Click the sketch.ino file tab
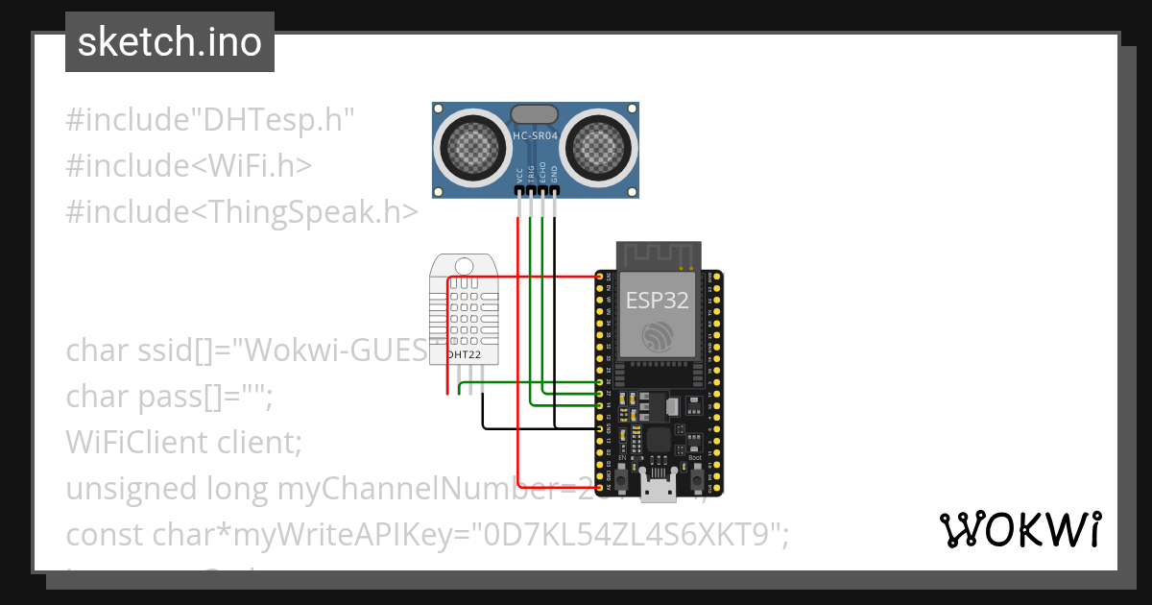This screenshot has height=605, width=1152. coord(169,42)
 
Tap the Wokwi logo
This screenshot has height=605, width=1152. coord(1020,529)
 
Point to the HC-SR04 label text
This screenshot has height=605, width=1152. coord(535,136)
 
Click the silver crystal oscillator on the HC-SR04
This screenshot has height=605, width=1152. coord(535,114)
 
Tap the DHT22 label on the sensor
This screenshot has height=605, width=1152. coord(465,354)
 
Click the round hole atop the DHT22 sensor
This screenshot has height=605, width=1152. coord(465,266)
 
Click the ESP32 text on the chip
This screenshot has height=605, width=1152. coord(658,300)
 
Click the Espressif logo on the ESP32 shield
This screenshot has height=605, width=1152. coord(658,337)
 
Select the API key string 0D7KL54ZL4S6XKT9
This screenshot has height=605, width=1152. coord(622,535)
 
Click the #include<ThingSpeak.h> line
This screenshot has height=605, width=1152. coord(242,211)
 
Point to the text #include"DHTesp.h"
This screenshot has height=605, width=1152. coord(210,121)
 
